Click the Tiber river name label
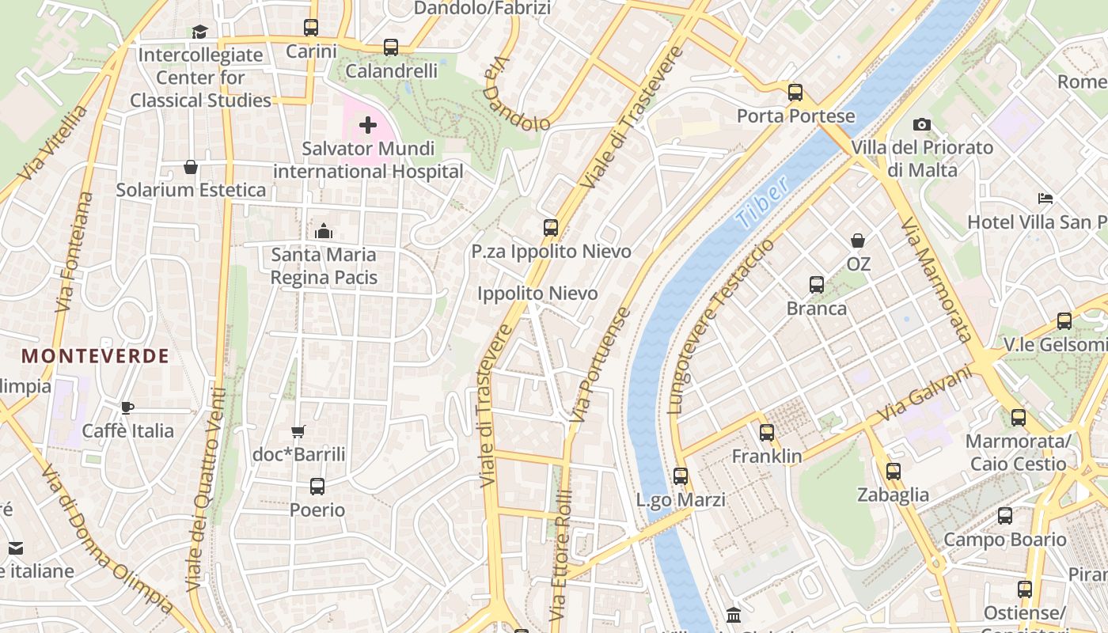coord(761,203)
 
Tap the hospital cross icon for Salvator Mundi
coord(368,125)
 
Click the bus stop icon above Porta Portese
coord(795,93)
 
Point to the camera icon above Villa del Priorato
coord(921,124)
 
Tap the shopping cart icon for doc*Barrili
coord(298,431)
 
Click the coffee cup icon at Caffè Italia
coord(127,407)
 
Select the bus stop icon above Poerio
coord(317,487)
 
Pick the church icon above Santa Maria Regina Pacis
coord(323,231)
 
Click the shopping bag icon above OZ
coord(858,240)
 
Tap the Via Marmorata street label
coord(935,279)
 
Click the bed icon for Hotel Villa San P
coord(1045,199)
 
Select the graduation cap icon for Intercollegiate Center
coord(199,32)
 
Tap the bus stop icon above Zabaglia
coord(894,472)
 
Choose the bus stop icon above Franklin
coord(766,433)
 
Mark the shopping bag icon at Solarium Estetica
coord(191,167)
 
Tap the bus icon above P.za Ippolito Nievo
coord(551,228)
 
